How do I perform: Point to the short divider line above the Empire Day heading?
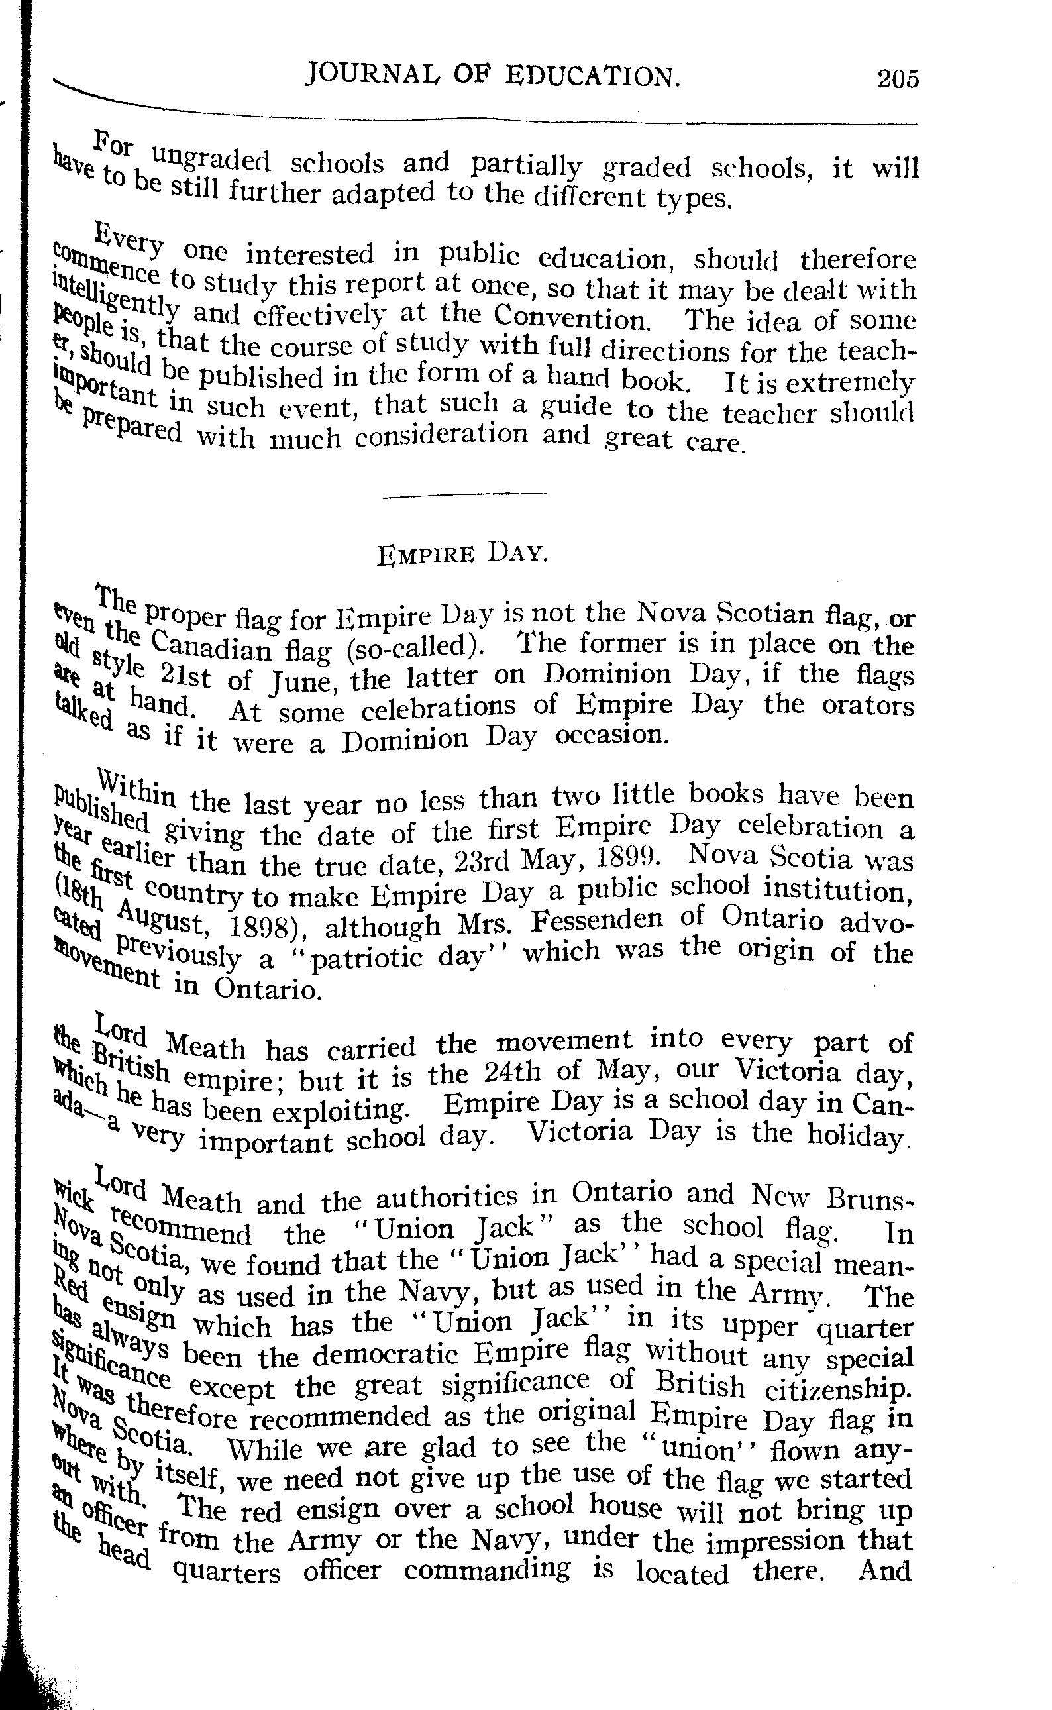465,495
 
